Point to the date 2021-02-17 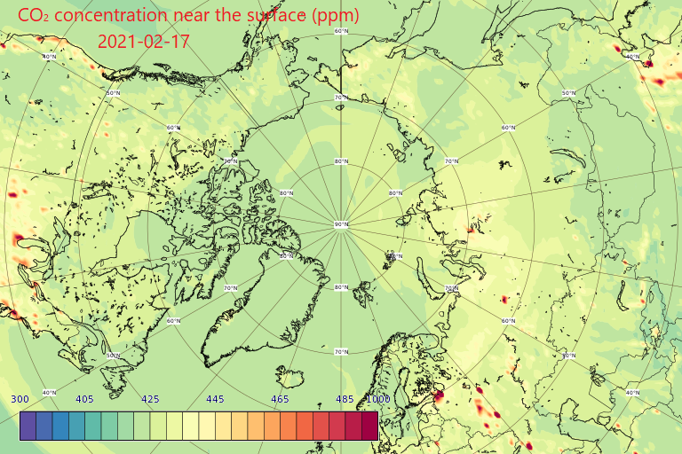pyautogui.click(x=143, y=42)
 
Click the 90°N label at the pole pyautogui.click(x=341, y=225)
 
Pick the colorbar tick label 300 pyautogui.click(x=21, y=399)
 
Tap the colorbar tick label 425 pyautogui.click(x=150, y=399)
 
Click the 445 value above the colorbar pyautogui.click(x=215, y=399)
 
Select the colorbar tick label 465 pyautogui.click(x=280, y=399)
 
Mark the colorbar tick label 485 pyautogui.click(x=345, y=399)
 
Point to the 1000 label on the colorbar pyautogui.click(x=377, y=399)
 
